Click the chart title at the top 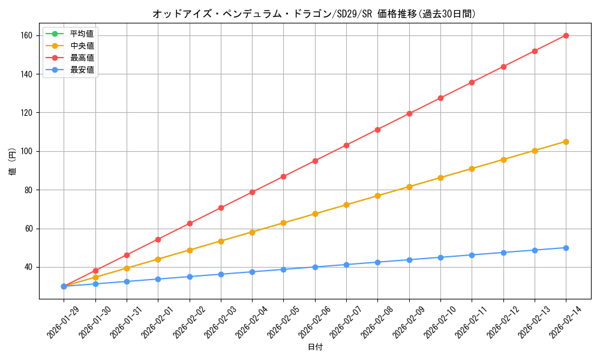click(x=314, y=14)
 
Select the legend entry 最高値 click(x=82, y=58)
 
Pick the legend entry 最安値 click(x=82, y=70)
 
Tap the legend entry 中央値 click(x=82, y=46)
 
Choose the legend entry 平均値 click(x=82, y=34)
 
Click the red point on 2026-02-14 click(x=566, y=35)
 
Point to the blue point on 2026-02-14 click(x=566, y=248)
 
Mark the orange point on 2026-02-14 click(x=566, y=142)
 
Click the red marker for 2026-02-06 click(x=315, y=161)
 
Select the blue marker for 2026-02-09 click(x=409, y=260)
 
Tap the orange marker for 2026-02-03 click(x=221, y=241)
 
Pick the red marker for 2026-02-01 click(x=158, y=239)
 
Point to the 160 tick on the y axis click(x=28, y=35)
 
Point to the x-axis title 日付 click(x=315, y=347)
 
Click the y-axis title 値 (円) click(x=12, y=163)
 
